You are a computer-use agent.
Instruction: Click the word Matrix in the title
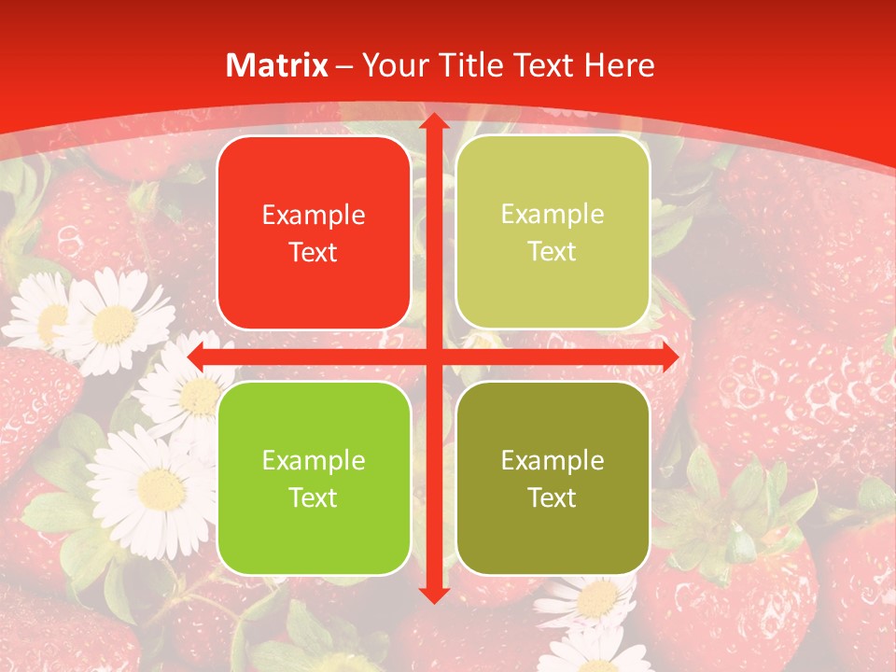(277, 65)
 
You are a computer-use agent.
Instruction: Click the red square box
(314, 233)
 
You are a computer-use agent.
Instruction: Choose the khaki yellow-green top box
(553, 233)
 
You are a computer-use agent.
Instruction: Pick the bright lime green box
(314, 478)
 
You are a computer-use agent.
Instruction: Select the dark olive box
(553, 478)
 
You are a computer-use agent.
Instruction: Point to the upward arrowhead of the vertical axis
(433, 122)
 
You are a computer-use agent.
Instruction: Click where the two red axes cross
(433, 356)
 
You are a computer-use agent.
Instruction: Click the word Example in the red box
(314, 216)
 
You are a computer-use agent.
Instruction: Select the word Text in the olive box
(553, 497)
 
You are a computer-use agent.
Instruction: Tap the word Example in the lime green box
(314, 460)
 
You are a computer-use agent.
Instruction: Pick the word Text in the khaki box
(553, 252)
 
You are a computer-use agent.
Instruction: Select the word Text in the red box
(314, 252)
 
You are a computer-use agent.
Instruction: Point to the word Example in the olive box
(553, 460)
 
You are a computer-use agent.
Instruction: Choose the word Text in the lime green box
(314, 497)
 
